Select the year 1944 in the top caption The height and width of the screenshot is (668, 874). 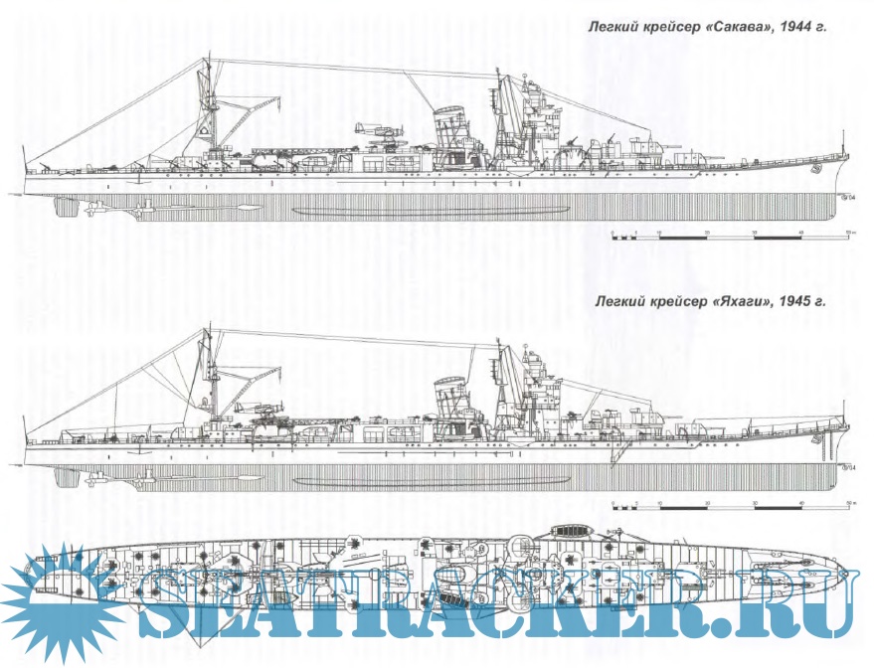[x=796, y=28]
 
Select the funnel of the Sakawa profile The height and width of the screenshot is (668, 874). [x=453, y=124]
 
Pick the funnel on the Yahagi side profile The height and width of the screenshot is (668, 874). [x=451, y=397]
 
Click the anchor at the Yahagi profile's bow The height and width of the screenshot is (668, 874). [x=814, y=438]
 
